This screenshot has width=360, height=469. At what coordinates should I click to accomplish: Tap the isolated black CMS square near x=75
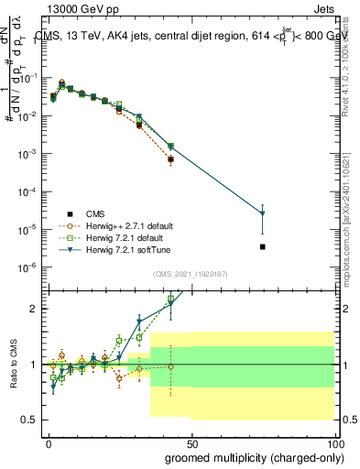pyautogui.click(x=263, y=246)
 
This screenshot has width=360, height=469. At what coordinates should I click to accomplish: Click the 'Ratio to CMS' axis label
pyautogui.click(x=12, y=364)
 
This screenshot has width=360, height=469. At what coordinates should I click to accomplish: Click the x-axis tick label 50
pyautogui.click(x=191, y=442)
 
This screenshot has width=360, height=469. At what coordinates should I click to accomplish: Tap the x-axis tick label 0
pyautogui.click(x=49, y=442)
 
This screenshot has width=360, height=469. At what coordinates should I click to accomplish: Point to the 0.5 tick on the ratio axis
pyautogui.click(x=30, y=420)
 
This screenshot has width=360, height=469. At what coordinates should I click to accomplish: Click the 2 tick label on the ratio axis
pyautogui.click(x=36, y=309)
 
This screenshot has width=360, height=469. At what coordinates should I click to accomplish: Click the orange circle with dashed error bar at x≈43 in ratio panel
pyautogui.click(x=170, y=366)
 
